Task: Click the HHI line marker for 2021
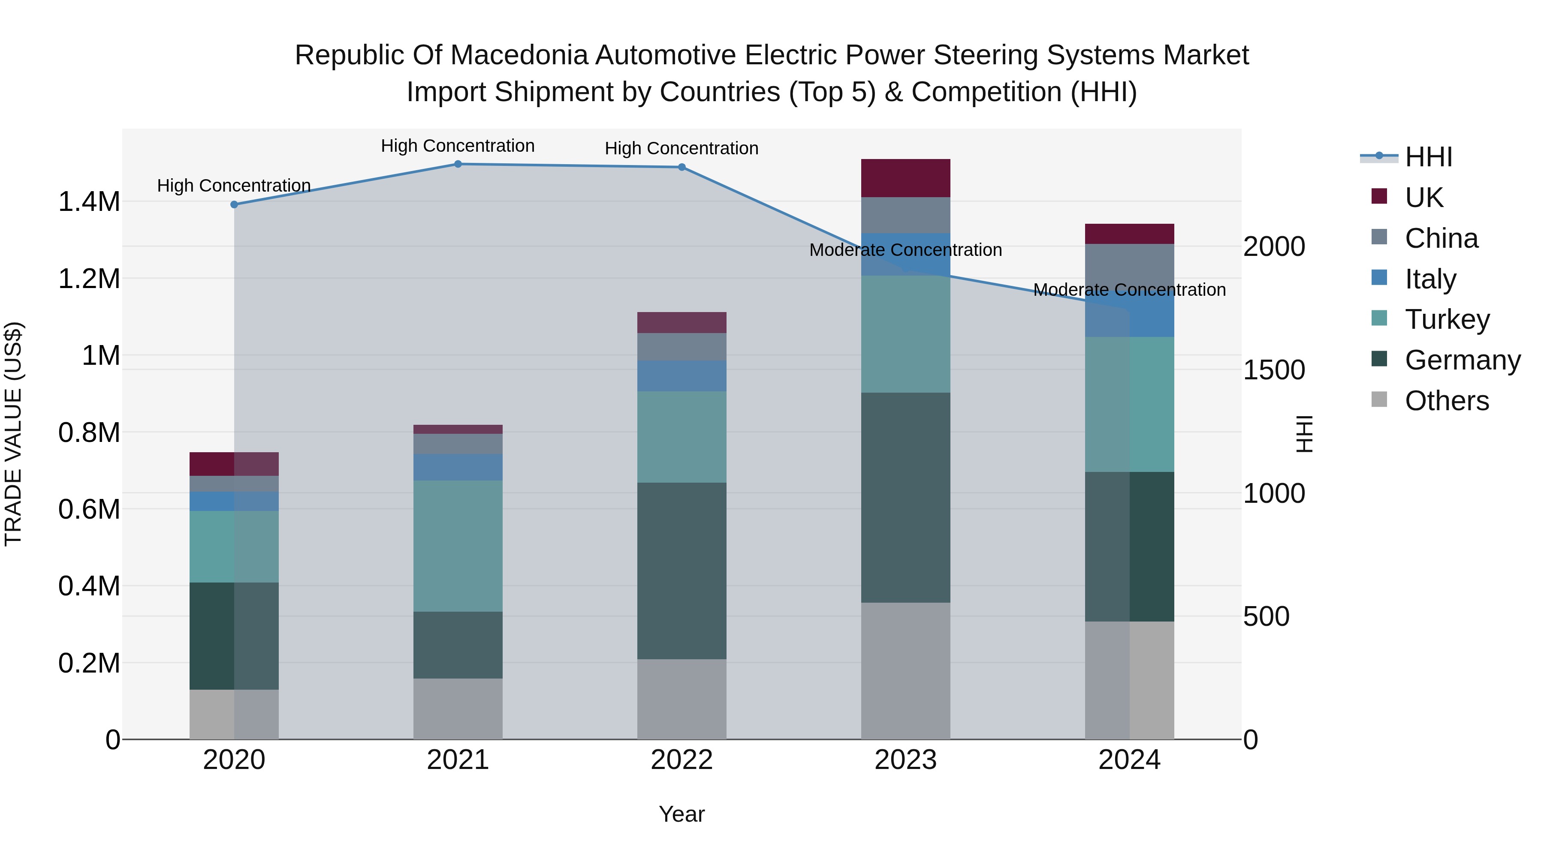coord(458,164)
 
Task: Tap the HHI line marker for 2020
coord(234,204)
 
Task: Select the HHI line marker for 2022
coord(682,167)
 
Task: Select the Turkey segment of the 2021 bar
coord(458,545)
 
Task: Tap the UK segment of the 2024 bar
coord(1129,234)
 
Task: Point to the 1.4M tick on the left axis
coord(89,202)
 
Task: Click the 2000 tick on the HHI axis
coord(1274,247)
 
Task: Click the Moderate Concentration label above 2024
coord(1129,289)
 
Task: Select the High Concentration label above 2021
coord(458,146)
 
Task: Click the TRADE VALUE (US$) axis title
coord(13,434)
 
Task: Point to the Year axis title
coord(682,814)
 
